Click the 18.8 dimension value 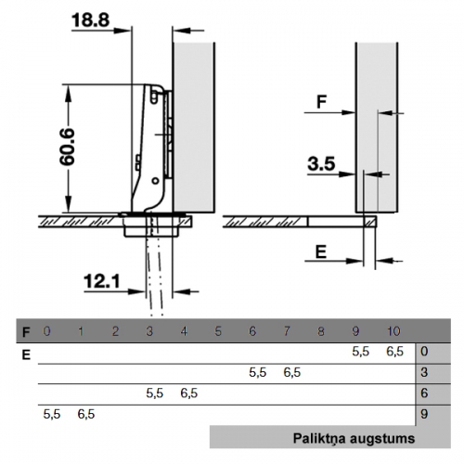[x=90, y=20]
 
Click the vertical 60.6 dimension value [x=67, y=147]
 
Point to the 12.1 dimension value [x=102, y=282]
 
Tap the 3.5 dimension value [x=321, y=163]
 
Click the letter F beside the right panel [x=322, y=101]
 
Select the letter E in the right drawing [x=321, y=251]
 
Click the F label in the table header [x=26, y=332]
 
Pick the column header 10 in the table [x=393, y=331]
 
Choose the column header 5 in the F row [x=218, y=331]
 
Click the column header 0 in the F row [x=46, y=331]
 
